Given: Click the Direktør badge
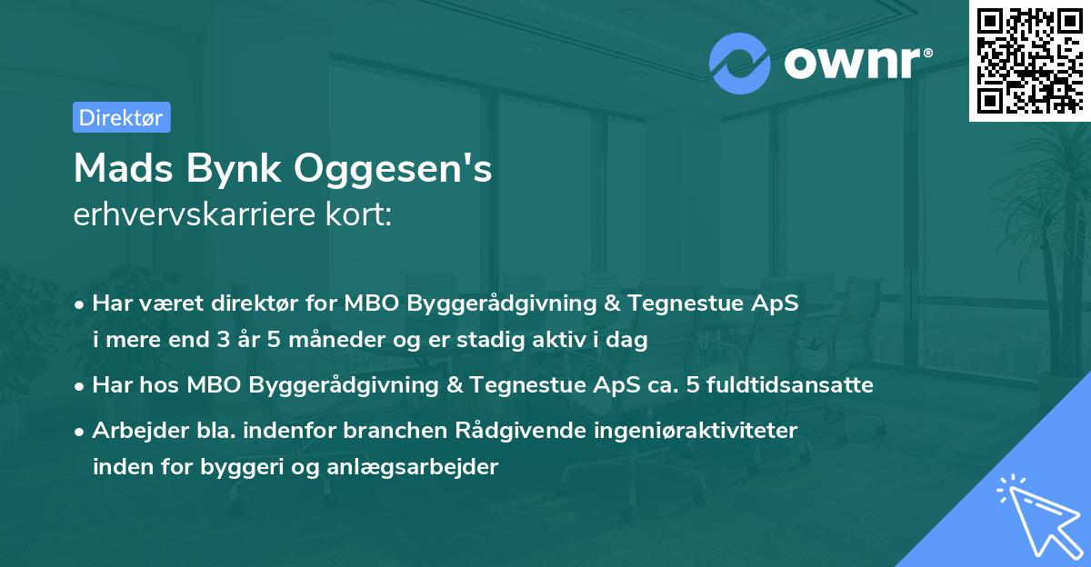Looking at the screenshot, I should pos(121,117).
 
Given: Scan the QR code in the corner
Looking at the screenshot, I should pos(1028,61).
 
